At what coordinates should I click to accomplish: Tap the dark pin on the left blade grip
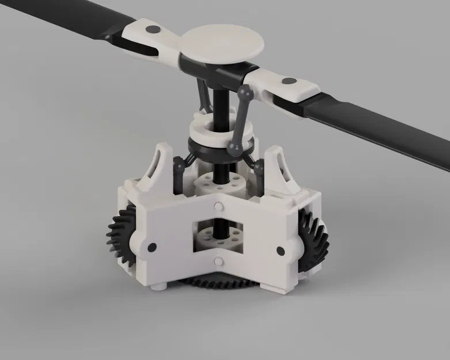pos(153,29)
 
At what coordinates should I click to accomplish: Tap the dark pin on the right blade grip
pos(289,82)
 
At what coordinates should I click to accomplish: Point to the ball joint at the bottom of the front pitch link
pos(235,149)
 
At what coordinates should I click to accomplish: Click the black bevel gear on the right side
pos(314,242)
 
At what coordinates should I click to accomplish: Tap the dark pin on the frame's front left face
pos(152,247)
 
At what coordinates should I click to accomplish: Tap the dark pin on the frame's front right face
pos(281,251)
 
